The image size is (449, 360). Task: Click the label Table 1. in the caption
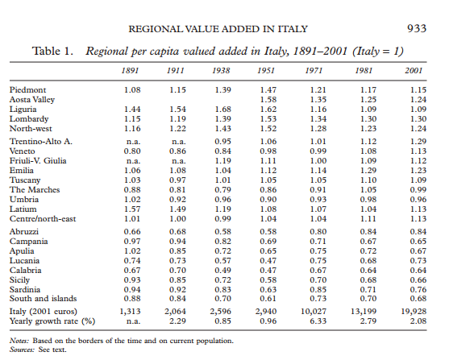click(54, 52)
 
